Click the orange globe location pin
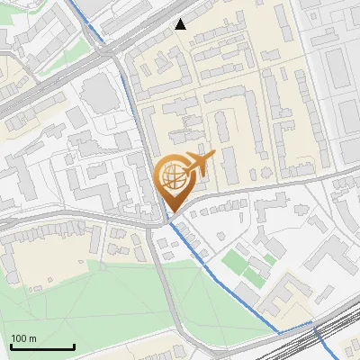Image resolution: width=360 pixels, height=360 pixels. point(174,180)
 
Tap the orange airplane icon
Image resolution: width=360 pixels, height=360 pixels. point(199,164)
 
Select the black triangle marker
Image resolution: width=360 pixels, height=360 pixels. point(181,24)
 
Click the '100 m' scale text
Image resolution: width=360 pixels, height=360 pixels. point(24,338)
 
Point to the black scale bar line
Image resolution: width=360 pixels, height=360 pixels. point(42,347)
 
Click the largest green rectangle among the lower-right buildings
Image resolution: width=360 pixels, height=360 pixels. point(235,263)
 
